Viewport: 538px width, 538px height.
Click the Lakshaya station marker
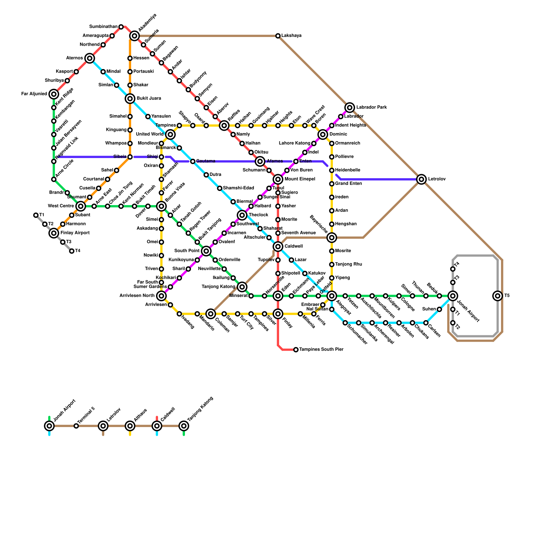tap(278, 36)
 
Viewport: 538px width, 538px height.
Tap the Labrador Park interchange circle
tap(350, 108)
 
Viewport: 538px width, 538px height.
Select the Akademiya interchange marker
tap(134, 36)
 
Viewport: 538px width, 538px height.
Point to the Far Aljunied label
tap(34, 94)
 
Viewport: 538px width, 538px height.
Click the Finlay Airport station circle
tap(54, 233)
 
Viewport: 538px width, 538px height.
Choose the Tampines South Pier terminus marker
tap(296, 350)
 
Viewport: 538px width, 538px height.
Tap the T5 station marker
tap(498, 296)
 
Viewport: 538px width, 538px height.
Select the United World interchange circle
tap(170, 134)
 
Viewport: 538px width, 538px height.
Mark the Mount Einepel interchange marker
tap(278, 179)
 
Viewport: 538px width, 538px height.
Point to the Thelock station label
tap(258, 215)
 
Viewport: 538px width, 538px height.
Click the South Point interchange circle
tap(206, 251)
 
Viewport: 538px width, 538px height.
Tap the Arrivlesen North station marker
tap(161, 296)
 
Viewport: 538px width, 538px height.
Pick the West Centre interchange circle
tap(81, 206)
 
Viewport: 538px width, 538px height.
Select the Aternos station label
tap(74, 58)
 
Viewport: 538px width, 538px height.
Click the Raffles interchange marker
tap(224, 126)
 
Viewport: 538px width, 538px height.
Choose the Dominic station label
tap(338, 134)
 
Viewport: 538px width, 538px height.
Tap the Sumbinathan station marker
tap(121, 27)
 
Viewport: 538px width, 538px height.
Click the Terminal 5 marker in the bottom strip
tap(76, 426)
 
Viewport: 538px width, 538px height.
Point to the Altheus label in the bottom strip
tap(140, 416)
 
